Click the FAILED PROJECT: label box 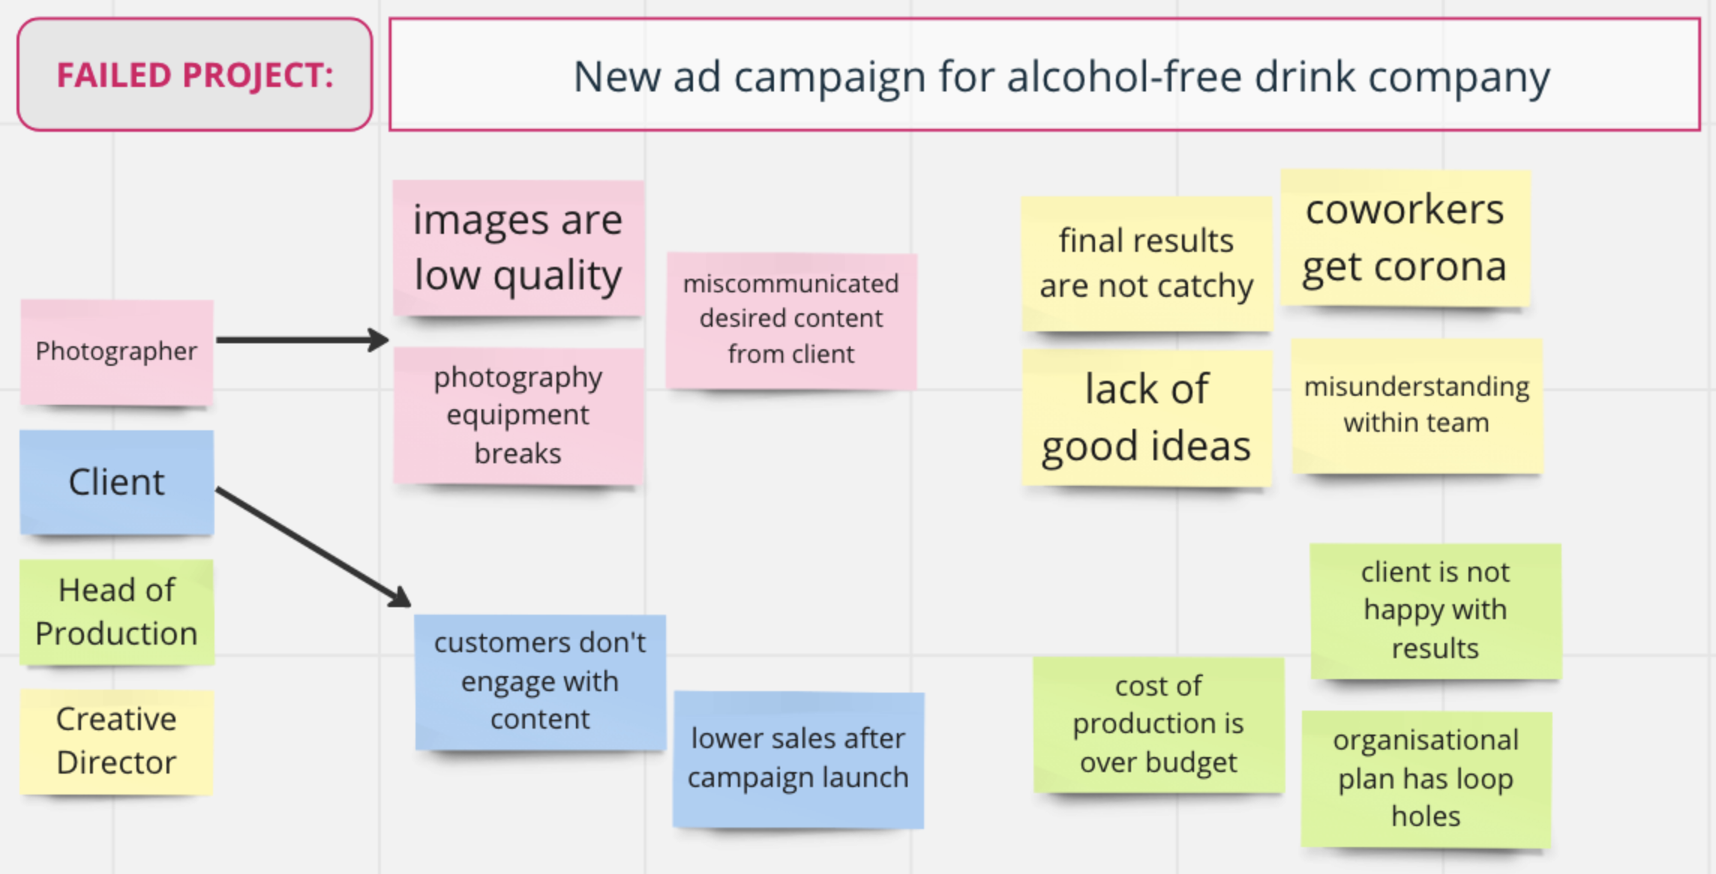[195, 75]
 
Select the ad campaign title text [1061, 76]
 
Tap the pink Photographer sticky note [117, 352]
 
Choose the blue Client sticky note [117, 482]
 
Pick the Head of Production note [117, 612]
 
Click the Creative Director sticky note [117, 741]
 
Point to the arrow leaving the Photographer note [302, 340]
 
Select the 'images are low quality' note [518, 248]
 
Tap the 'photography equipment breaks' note [519, 415]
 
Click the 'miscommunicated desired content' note [791, 320]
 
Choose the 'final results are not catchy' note [1147, 264]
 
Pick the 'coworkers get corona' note [1405, 238]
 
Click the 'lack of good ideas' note [1147, 418]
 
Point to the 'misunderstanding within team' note [1417, 406]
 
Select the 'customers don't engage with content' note [540, 682]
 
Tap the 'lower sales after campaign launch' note [799, 759]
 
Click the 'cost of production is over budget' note [1159, 725]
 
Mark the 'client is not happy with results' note [1435, 611]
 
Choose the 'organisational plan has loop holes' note [1426, 779]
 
